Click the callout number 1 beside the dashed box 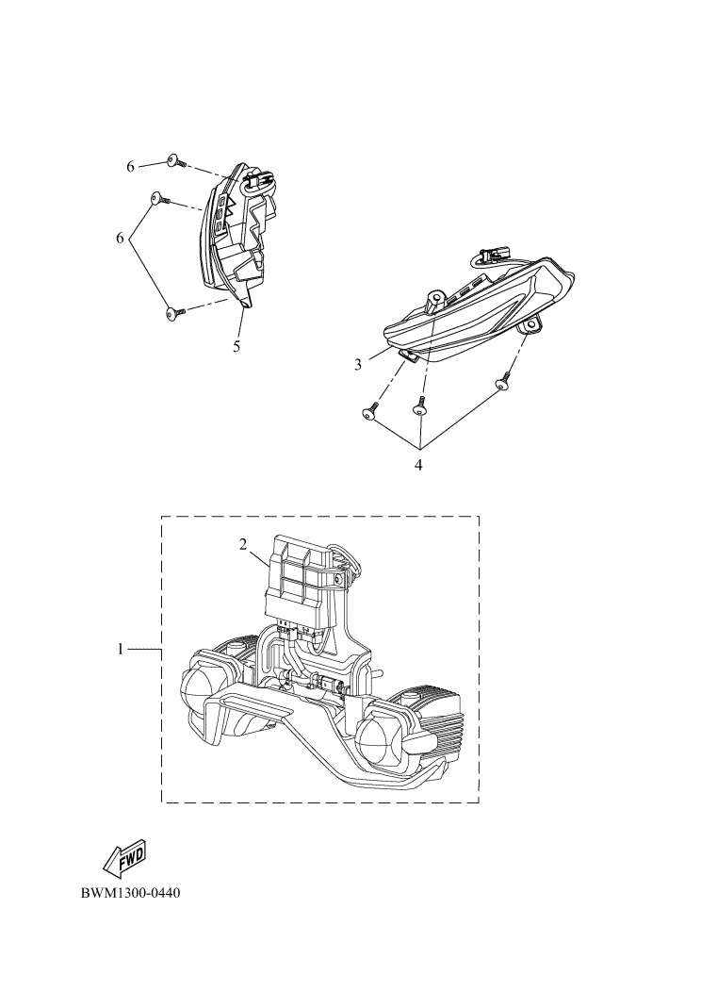(x=121, y=649)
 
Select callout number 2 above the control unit (x=243, y=544)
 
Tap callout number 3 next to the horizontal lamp (x=358, y=364)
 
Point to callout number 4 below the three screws (x=418, y=465)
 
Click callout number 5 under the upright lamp (x=236, y=346)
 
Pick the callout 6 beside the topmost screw (x=131, y=166)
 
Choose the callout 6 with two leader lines (x=120, y=238)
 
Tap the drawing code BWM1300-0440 (x=130, y=893)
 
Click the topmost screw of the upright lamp (x=176, y=161)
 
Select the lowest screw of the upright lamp (x=176, y=312)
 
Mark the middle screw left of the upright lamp (x=160, y=199)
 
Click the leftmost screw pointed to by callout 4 (x=370, y=409)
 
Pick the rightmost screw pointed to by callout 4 (x=503, y=380)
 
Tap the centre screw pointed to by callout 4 (x=419, y=406)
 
